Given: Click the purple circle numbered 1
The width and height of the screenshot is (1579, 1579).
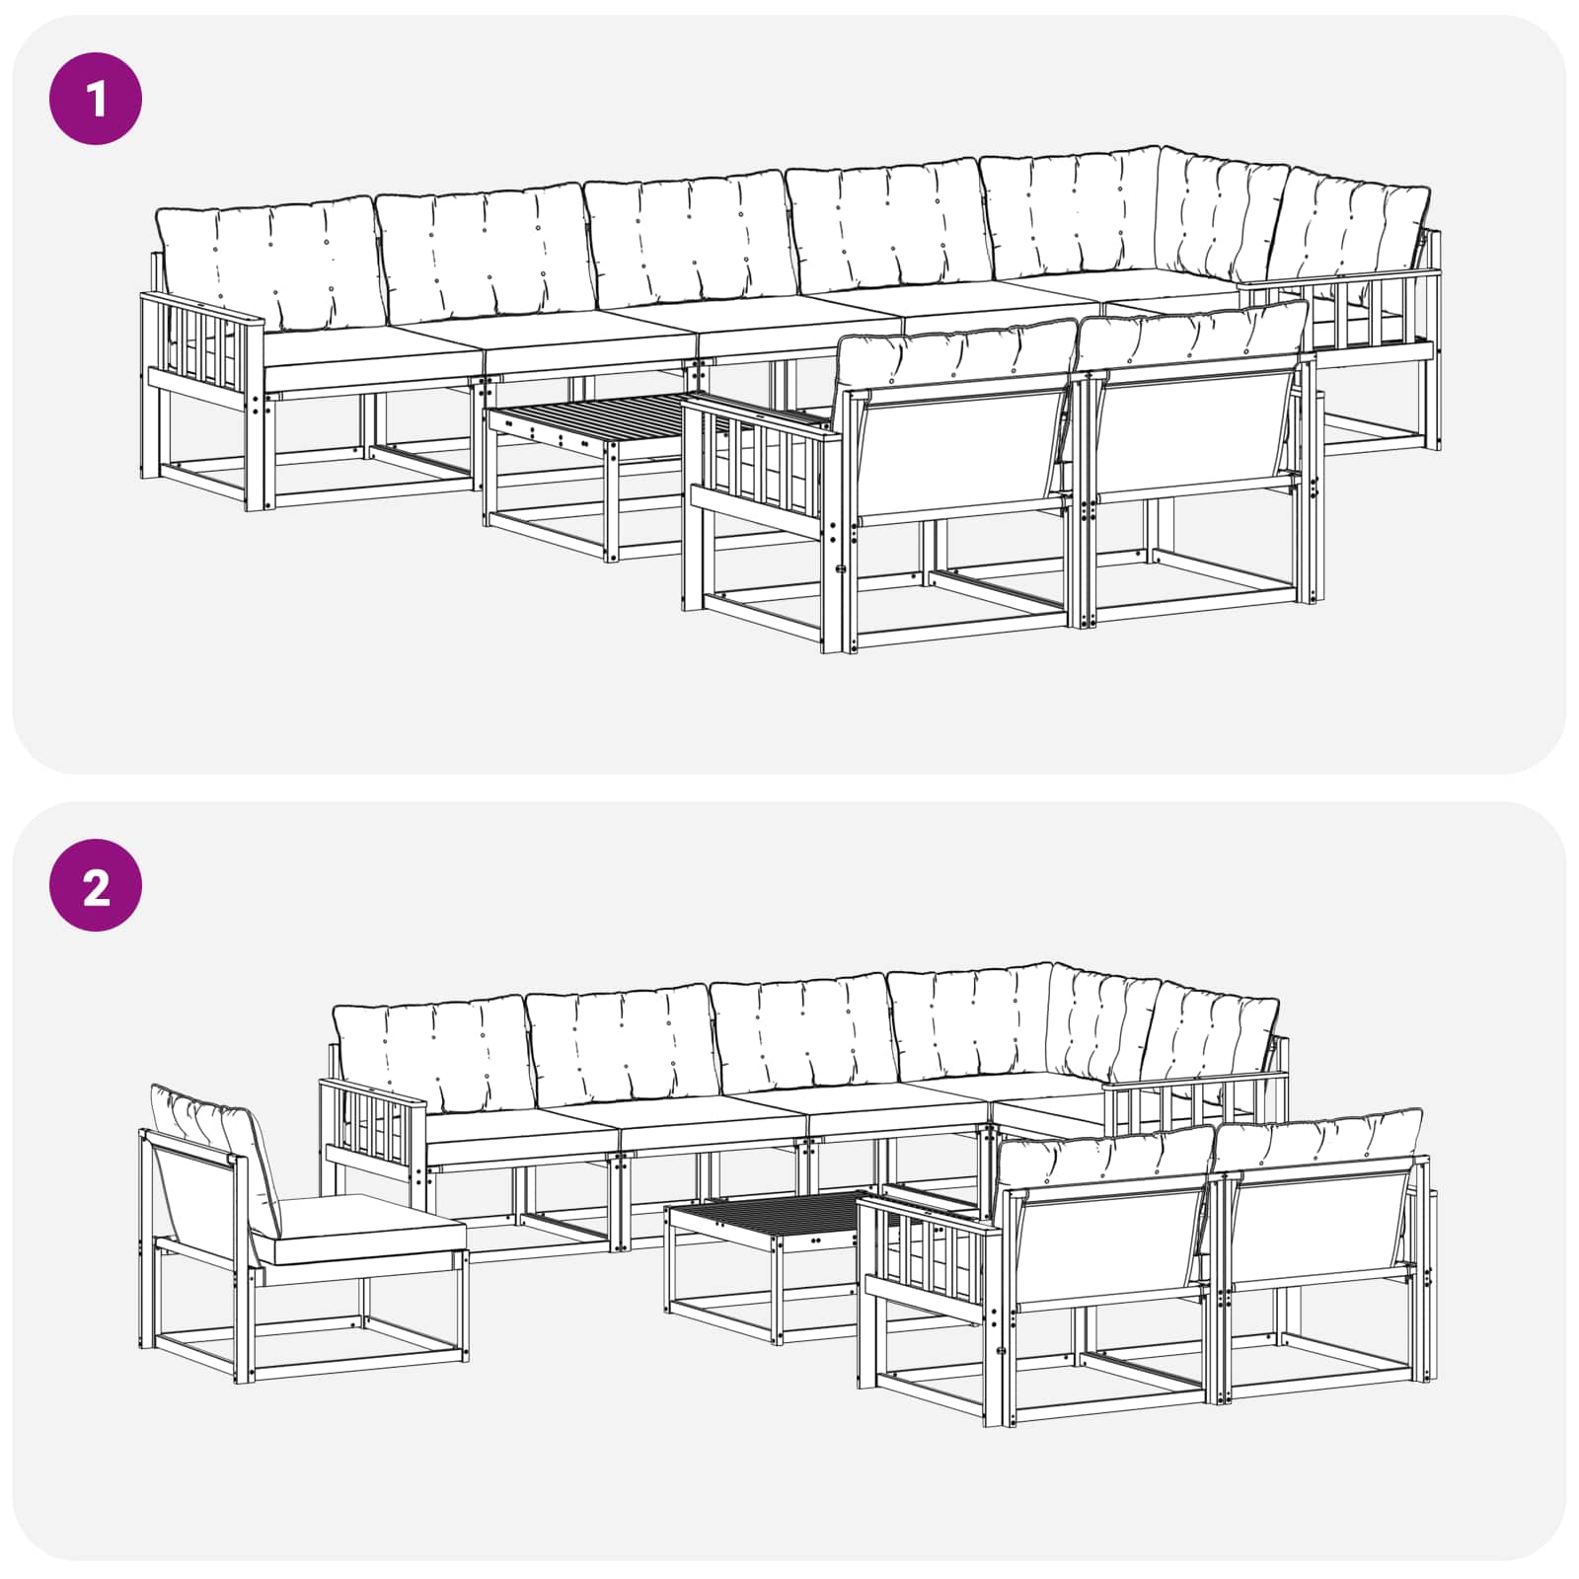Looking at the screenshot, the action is (96, 99).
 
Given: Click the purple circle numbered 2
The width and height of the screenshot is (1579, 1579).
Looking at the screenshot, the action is (96, 885).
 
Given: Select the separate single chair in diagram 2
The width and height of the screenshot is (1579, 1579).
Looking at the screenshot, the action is (296, 1234).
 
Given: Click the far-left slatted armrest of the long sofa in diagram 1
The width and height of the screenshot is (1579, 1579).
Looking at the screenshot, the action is (202, 340).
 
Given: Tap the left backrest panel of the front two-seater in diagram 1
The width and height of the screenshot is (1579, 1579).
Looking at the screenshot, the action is (961, 454).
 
